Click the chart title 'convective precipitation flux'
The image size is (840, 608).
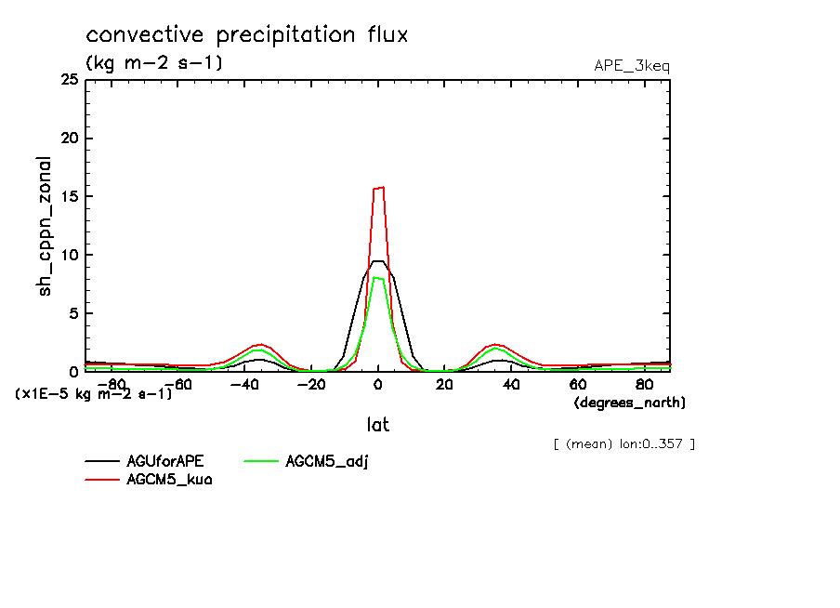(x=247, y=35)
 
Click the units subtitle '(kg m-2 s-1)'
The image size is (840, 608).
(x=154, y=63)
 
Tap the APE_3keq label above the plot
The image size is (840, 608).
(x=632, y=66)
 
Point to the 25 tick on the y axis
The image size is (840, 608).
(x=69, y=80)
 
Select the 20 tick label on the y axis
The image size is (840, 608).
(x=69, y=139)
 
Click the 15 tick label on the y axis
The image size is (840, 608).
(x=69, y=196)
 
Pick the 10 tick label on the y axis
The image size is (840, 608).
(x=69, y=255)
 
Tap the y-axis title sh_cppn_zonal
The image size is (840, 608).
(x=45, y=226)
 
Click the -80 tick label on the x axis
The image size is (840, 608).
(x=110, y=384)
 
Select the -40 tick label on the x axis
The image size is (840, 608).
(x=243, y=384)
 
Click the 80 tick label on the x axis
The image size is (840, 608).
(x=644, y=384)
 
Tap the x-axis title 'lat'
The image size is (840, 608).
(x=377, y=425)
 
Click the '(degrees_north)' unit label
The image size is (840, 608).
(x=630, y=403)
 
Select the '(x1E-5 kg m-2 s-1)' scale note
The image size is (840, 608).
(x=94, y=394)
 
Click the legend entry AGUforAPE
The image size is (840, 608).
(x=165, y=461)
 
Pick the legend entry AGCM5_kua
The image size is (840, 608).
(x=169, y=480)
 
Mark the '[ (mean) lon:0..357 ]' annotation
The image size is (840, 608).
(x=623, y=443)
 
